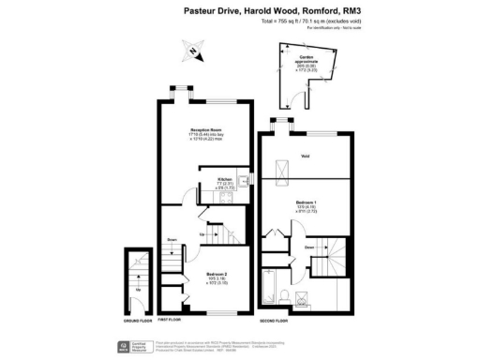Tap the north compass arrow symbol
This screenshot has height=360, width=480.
click(x=191, y=51)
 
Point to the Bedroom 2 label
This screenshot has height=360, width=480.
click(x=218, y=276)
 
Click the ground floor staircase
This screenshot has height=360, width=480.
click(x=138, y=277)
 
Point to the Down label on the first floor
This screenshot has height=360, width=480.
click(x=172, y=240)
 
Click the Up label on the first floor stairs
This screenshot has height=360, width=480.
click(x=202, y=233)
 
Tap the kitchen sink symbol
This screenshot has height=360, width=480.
click(x=243, y=181)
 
